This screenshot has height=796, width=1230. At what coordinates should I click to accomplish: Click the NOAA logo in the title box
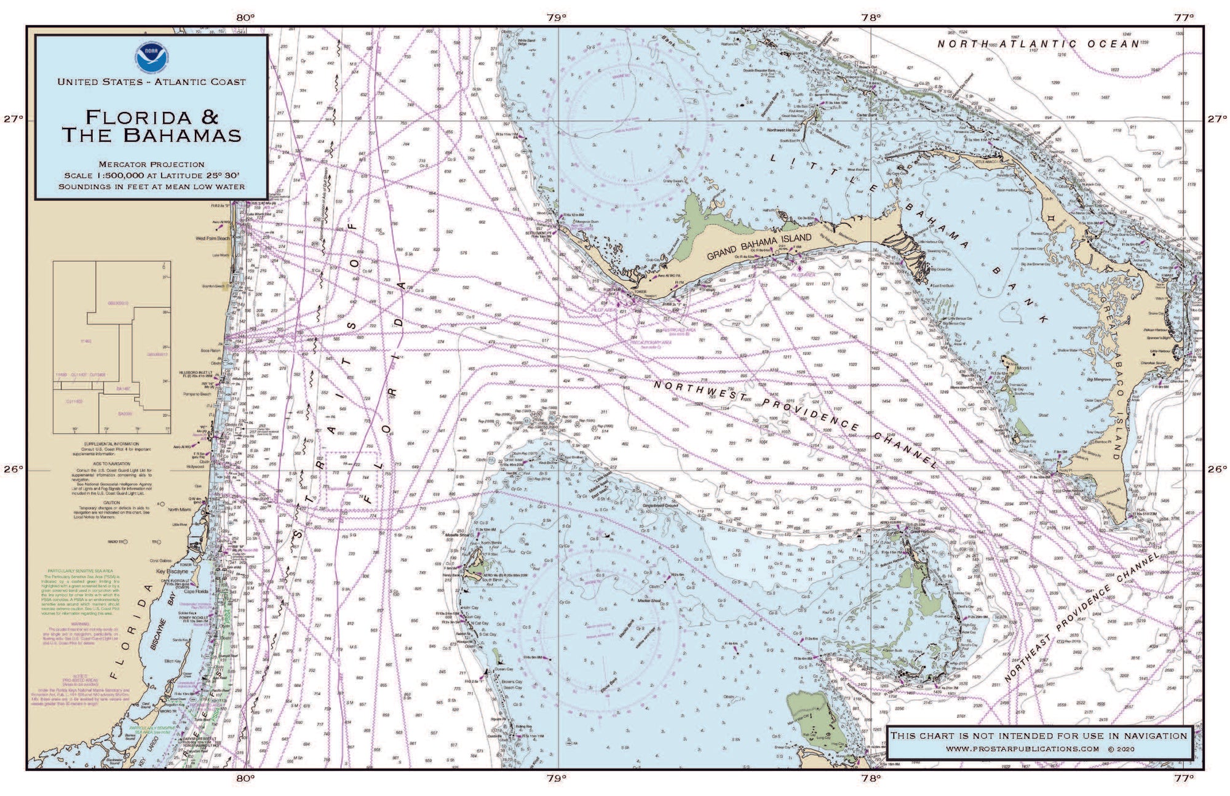coord(151,57)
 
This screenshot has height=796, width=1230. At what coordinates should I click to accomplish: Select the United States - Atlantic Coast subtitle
coord(151,82)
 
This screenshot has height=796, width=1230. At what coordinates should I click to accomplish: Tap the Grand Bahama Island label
coord(759,246)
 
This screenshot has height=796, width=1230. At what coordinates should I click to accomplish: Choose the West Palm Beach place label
coord(212,238)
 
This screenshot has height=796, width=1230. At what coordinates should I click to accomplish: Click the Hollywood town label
coord(196,467)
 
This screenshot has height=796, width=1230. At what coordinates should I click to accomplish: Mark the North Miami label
coord(180,509)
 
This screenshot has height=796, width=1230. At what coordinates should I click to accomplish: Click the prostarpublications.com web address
coord(1022,749)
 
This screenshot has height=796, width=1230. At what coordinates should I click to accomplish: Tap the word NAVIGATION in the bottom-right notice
coord(1156,735)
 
